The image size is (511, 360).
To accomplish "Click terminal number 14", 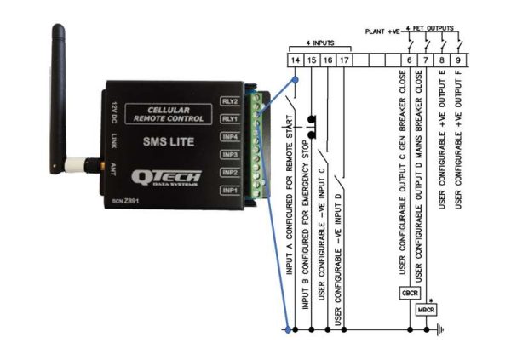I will pyautogui.click(x=294, y=60).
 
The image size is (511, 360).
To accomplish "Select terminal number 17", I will pyautogui.click(x=343, y=60).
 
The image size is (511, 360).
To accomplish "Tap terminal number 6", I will pyautogui.click(x=410, y=60).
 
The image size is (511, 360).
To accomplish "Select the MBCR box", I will pyautogui.click(x=426, y=310).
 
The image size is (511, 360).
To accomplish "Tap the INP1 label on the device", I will pyautogui.click(x=229, y=190).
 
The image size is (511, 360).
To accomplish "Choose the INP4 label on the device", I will pyautogui.click(x=229, y=136).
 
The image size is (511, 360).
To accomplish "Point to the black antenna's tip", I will pyautogui.click(x=61, y=30).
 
